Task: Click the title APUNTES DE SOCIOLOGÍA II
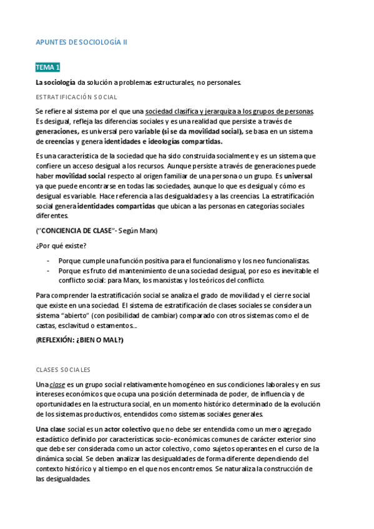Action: (81, 42)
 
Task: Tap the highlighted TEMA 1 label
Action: (47, 67)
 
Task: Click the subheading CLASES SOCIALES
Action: (63, 369)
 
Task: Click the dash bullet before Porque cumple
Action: (49, 261)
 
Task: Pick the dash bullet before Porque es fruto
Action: (49, 271)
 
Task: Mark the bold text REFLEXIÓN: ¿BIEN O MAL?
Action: (80, 341)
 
